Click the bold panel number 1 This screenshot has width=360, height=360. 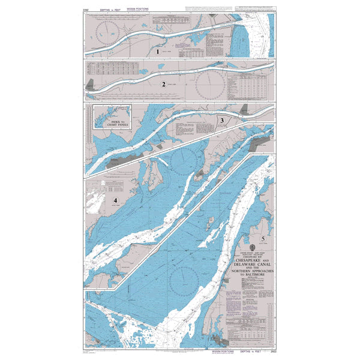click(x=158, y=52)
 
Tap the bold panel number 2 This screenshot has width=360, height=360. click(x=163, y=84)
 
